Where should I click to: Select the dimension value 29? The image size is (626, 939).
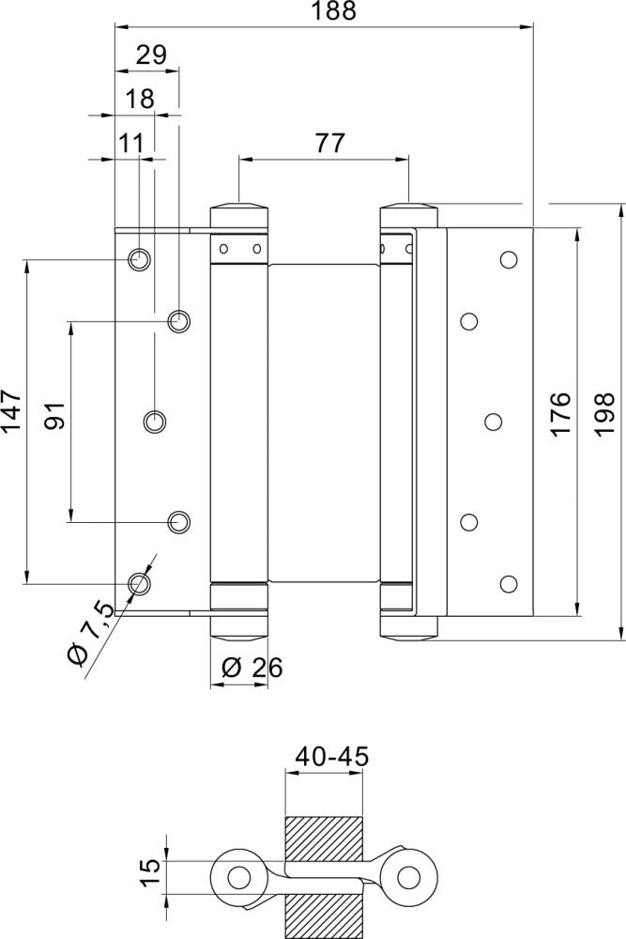coord(150,55)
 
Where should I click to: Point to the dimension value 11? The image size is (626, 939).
coord(132,144)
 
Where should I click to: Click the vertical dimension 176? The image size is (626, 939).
coord(559,413)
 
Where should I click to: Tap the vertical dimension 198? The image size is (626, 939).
coord(604,413)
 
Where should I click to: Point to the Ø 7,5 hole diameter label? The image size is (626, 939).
coord(92,634)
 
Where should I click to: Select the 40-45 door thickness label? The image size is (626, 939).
coord(331,756)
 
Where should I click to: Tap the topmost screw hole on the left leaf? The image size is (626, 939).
coord(139,258)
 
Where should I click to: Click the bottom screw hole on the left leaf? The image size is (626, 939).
coord(139,583)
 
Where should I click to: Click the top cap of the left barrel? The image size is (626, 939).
coord(238,211)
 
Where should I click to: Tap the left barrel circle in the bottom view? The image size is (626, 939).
coord(239,878)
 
